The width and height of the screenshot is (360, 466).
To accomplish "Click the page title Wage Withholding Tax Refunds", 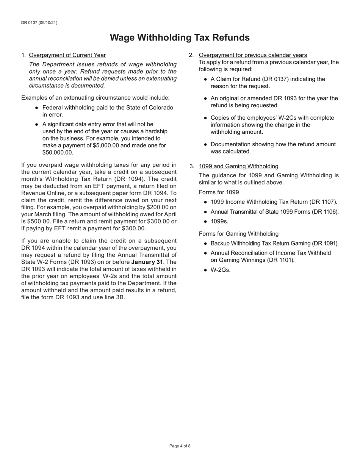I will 180,38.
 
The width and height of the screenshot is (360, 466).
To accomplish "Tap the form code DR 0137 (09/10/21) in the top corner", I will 39,23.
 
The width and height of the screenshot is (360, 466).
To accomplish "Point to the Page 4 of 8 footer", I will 180,446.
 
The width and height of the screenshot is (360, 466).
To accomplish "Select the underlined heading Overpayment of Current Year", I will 67,55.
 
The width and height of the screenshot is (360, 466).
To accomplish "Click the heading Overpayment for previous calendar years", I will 253,55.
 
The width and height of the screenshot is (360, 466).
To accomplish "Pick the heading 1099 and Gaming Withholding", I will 238,166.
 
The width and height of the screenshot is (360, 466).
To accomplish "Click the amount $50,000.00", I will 58,152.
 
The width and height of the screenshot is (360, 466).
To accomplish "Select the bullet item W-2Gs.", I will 220,270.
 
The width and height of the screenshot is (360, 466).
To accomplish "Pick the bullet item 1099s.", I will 219,221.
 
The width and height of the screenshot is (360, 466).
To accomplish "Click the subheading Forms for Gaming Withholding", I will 238,234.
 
